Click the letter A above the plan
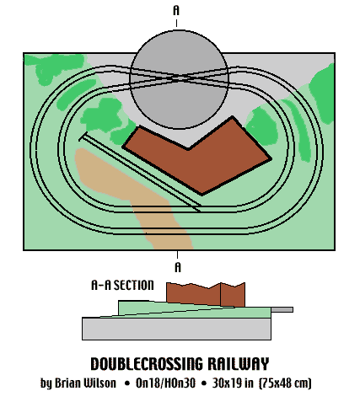coord(176,10)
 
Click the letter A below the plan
coord(178,267)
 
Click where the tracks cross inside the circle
coord(177,78)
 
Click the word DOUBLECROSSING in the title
coord(147,364)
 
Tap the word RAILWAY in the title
coord(239,364)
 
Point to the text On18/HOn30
coord(165,383)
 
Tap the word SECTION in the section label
coord(133,285)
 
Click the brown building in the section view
coord(206,294)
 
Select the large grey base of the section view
coord(176,329)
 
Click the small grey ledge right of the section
coord(282,309)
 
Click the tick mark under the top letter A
coord(176,23)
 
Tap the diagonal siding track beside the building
coord(140,172)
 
